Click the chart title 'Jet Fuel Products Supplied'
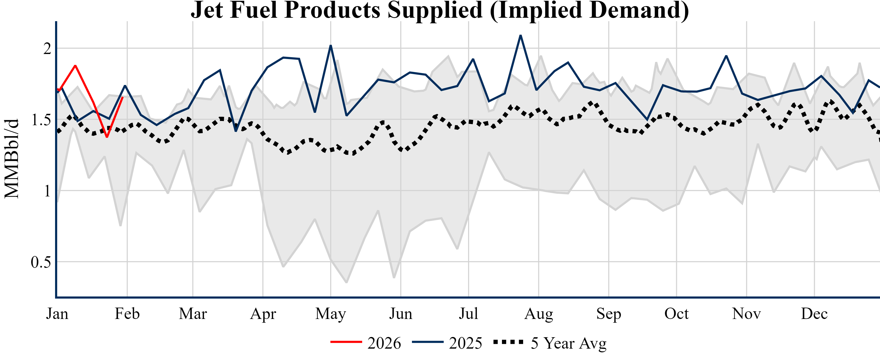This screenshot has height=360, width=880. click(x=440, y=10)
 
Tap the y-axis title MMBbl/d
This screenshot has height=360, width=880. click(x=12, y=159)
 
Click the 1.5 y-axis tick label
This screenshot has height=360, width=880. click(x=41, y=120)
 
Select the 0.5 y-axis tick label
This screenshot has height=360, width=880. click(x=41, y=262)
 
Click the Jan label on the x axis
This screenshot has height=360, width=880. click(x=57, y=314)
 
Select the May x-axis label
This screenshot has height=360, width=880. click(x=330, y=314)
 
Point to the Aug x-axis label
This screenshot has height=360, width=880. click(x=538, y=314)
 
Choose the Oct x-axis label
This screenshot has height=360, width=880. click(x=676, y=314)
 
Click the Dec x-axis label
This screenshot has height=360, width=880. click(x=814, y=314)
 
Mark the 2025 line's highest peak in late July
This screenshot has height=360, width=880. click(x=520, y=35)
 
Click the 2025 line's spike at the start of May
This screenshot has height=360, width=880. click(x=331, y=46)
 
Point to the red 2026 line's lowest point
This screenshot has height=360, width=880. click(x=107, y=137)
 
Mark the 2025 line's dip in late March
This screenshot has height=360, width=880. click(x=236, y=131)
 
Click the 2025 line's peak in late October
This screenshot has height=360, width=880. click(x=726, y=56)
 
